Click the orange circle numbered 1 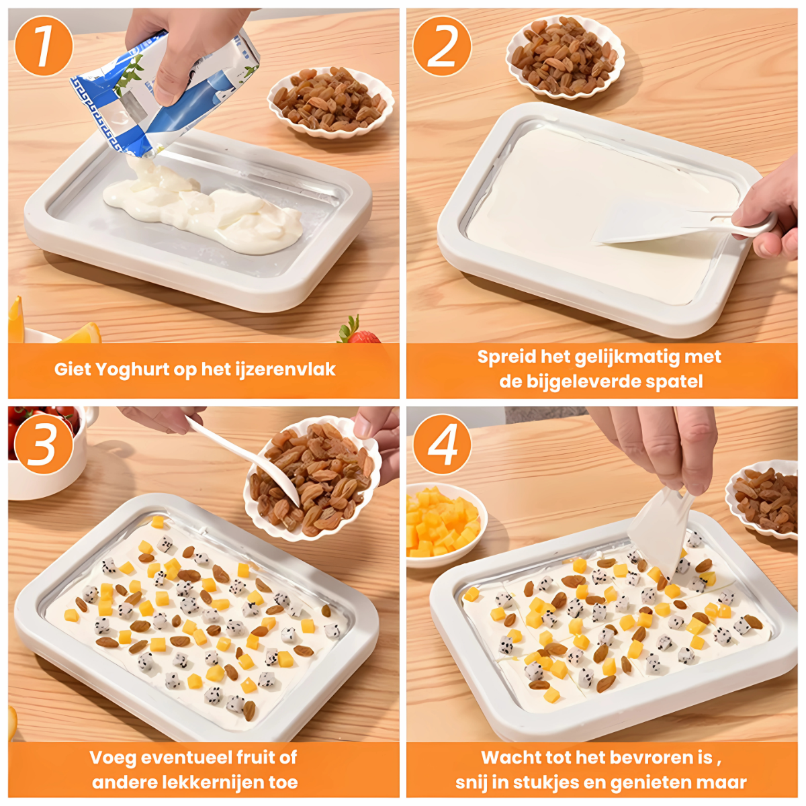coord(44,46)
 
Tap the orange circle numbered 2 coord(442,46)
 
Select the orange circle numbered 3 coord(44,444)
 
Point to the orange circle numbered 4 coord(442,444)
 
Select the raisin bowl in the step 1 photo coord(331,102)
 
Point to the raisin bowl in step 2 coord(565,56)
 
